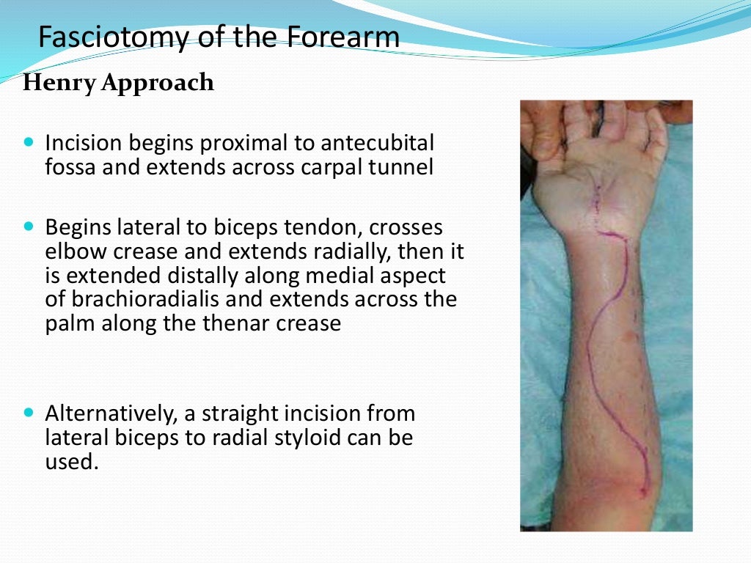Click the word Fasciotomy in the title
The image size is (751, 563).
(x=99, y=37)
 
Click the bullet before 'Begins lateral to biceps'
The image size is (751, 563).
(x=29, y=227)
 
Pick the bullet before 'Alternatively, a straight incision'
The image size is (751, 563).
(x=29, y=413)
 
